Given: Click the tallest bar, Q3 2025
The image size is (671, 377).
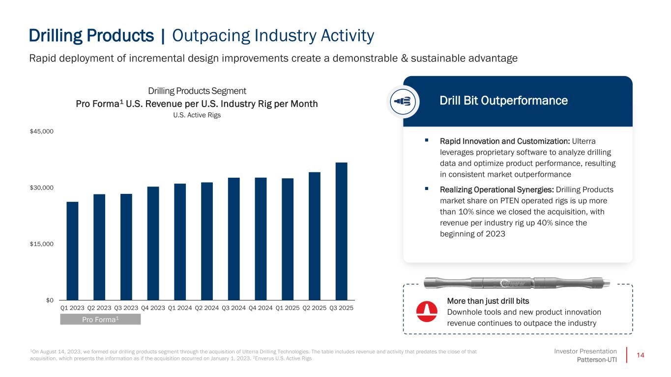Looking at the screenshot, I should (x=342, y=231).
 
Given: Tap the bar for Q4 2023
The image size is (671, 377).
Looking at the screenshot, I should (x=153, y=243).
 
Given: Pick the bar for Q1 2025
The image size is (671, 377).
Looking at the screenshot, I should (x=288, y=239).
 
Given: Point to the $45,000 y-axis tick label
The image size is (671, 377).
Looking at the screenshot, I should (x=42, y=132).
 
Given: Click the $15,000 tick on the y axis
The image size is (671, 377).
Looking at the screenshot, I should (x=42, y=244).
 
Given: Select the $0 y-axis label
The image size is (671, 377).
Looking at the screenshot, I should (x=50, y=300).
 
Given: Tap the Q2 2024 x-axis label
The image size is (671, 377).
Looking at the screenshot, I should (x=207, y=308).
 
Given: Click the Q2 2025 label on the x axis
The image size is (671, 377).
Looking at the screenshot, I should (x=315, y=308).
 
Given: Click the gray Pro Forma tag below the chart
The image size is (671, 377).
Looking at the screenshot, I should (x=100, y=320).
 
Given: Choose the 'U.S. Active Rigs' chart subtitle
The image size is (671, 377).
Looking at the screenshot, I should (x=197, y=115).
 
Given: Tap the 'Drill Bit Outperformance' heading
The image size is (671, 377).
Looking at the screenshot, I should (x=503, y=101).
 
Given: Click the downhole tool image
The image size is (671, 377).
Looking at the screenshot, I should (x=517, y=283).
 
